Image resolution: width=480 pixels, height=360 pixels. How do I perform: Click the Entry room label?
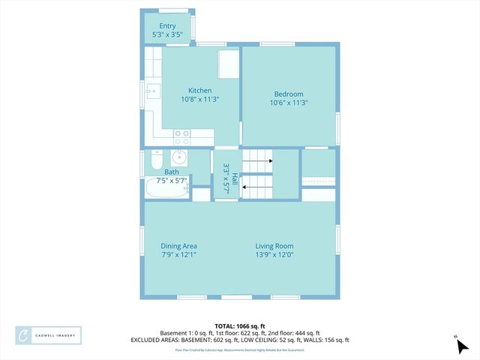point(167,25)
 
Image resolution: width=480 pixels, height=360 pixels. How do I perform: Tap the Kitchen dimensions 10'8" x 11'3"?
point(199,99)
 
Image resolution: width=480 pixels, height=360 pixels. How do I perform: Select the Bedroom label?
point(289,94)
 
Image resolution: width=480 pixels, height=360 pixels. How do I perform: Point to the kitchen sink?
point(154,91)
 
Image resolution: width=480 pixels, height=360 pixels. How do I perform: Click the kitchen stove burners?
point(181,137)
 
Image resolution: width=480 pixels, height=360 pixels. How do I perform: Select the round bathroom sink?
point(179,157)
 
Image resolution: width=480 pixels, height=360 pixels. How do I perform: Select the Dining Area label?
point(179,246)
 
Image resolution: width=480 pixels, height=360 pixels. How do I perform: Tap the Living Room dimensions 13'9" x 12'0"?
point(274,255)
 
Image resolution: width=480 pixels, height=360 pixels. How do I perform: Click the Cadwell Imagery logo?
point(49,334)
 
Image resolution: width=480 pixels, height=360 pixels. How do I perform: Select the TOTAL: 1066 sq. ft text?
point(240,325)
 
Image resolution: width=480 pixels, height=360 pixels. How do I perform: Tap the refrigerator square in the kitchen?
point(228,64)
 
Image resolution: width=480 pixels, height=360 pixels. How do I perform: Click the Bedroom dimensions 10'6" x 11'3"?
point(289,103)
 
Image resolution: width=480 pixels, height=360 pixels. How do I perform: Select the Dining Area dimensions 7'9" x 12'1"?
point(179,255)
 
